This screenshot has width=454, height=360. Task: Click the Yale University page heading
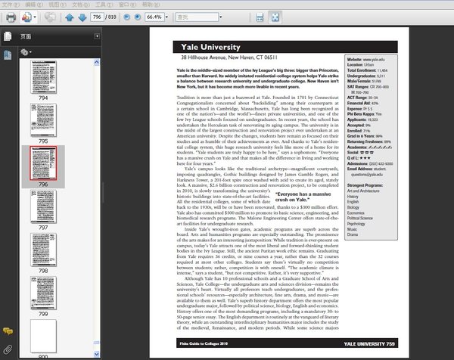[x=212, y=47]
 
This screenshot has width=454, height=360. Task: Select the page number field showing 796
[x=97, y=17]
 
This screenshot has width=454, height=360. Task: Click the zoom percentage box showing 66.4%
[x=154, y=17]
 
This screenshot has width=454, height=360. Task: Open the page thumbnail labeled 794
[x=42, y=76]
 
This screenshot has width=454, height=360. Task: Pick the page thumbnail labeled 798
[x=42, y=249]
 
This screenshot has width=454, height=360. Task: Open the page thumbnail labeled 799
[x=42, y=292]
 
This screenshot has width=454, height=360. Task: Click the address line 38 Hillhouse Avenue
[x=227, y=58]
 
